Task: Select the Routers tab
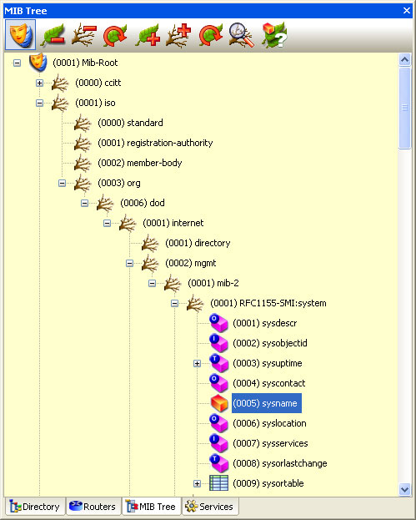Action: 93,507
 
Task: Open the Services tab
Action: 211,507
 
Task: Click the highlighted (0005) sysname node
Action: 265,403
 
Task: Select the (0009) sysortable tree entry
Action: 268,483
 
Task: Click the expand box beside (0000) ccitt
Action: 39,83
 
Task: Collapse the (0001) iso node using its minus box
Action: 39,103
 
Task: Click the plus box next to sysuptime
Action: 197,363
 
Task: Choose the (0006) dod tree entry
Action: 142,203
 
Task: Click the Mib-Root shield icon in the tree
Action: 38,63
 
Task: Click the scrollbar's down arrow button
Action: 405,489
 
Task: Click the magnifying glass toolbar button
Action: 242,34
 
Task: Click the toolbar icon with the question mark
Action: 274,34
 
